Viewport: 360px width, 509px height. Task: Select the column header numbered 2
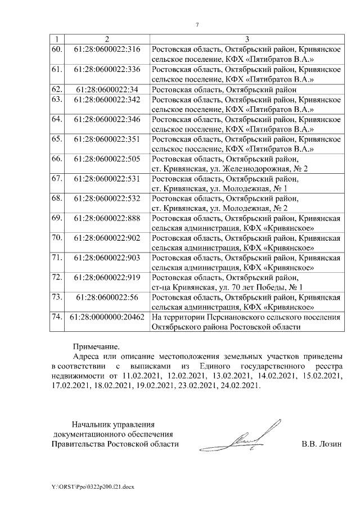pyautogui.click(x=107, y=39)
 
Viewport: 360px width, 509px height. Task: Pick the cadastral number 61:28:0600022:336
pyautogui.click(x=107, y=69)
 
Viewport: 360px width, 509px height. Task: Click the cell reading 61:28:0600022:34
pyautogui.click(x=107, y=89)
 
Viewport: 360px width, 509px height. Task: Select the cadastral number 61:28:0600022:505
pyautogui.click(x=107, y=159)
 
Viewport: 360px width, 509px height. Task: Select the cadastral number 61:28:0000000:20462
pyautogui.click(x=107, y=317)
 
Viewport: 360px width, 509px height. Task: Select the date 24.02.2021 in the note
pyautogui.click(x=242, y=386)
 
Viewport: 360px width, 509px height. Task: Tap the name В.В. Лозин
pyautogui.click(x=321, y=444)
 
